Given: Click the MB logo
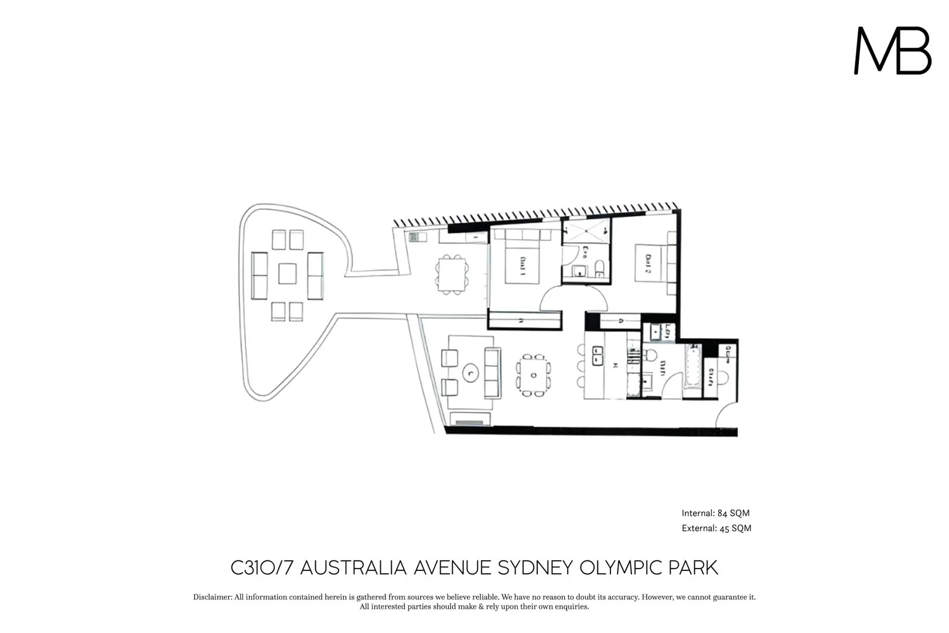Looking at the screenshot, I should coord(892,51).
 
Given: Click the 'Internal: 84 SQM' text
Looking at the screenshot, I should coord(715,513).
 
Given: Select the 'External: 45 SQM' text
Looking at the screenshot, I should coord(716,528).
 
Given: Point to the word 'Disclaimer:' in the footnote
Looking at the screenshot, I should coord(213,597).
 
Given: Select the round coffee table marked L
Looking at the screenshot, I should coord(470,372).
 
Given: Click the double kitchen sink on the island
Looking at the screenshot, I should coord(598,356).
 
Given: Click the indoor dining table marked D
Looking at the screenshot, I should coord(533,375).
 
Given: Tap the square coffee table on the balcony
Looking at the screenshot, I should coord(287,274).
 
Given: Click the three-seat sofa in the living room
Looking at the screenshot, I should coord(492,372).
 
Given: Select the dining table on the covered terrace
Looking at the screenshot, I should coord(452,274).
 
